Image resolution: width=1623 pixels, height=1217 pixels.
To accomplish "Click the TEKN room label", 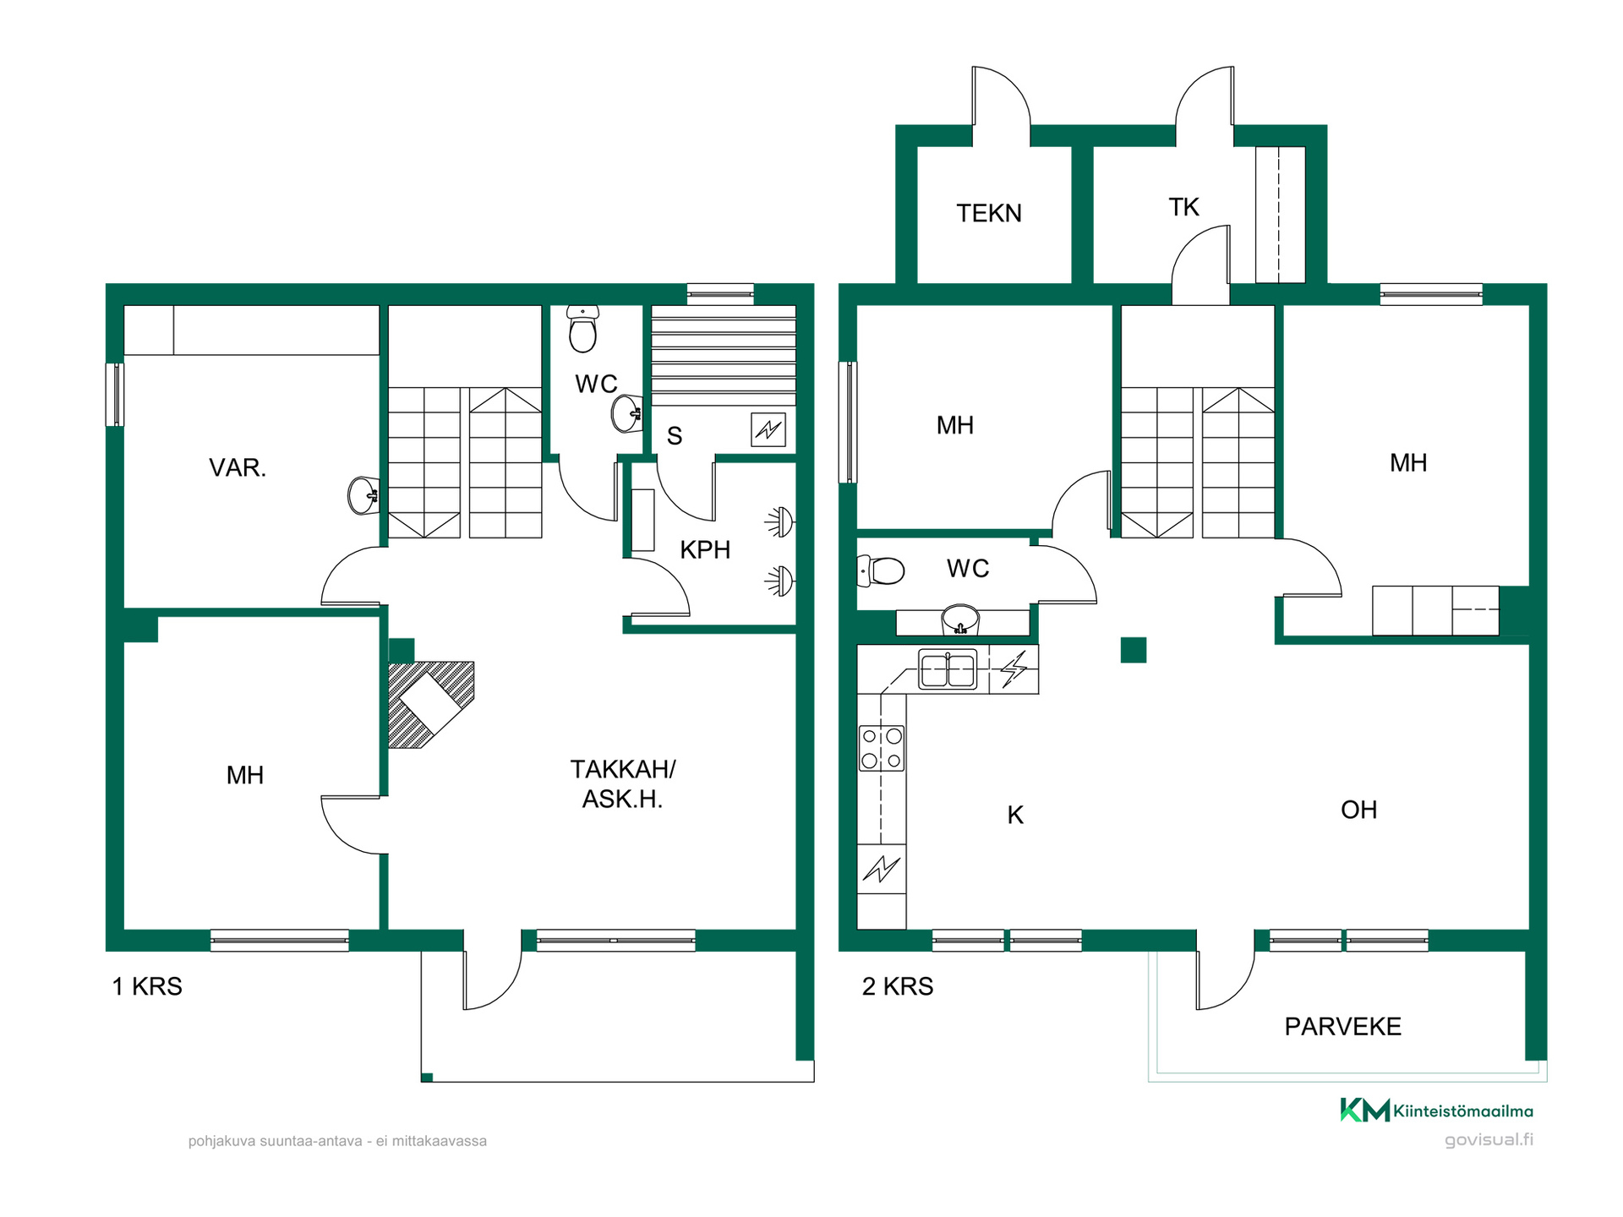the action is pyautogui.click(x=989, y=213).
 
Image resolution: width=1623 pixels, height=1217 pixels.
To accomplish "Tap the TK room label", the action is pyautogui.click(x=1183, y=207).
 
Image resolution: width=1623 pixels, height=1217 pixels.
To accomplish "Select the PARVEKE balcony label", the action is pyautogui.click(x=1342, y=1026).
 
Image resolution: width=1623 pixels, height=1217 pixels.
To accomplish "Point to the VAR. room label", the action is pyautogui.click(x=238, y=467).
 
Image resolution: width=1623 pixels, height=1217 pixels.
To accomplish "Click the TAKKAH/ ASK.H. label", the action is pyautogui.click(x=623, y=783).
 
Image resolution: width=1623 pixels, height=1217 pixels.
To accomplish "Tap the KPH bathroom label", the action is pyautogui.click(x=705, y=549).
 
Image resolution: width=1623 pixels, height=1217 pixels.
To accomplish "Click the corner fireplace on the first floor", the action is pyautogui.click(x=431, y=704).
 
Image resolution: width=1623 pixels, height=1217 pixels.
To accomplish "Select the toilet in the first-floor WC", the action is pyautogui.click(x=583, y=329).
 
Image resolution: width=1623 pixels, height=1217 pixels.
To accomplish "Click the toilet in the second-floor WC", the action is pyautogui.click(x=881, y=570).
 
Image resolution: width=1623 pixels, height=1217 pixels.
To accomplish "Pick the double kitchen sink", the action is pyautogui.click(x=948, y=670).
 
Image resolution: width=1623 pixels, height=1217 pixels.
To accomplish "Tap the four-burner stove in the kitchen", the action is pyautogui.click(x=882, y=748).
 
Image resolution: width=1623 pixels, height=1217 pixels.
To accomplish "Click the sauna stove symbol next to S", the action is pyautogui.click(x=768, y=429).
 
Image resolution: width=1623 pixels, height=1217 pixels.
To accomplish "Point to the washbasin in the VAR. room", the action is pyautogui.click(x=363, y=495).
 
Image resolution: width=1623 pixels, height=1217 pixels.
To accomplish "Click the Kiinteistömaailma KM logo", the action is pyautogui.click(x=1365, y=1110).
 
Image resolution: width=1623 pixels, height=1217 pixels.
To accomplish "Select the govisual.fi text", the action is pyautogui.click(x=1489, y=1139).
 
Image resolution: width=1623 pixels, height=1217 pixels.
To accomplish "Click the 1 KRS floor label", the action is pyautogui.click(x=147, y=986).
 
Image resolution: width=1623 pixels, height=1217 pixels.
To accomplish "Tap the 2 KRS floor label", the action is pyautogui.click(x=898, y=986).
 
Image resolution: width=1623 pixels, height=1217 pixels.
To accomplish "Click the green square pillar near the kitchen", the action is pyautogui.click(x=1134, y=649).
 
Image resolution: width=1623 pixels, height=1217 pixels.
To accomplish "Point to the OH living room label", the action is pyautogui.click(x=1358, y=810).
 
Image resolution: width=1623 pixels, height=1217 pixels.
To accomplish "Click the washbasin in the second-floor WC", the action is pyautogui.click(x=960, y=619).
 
